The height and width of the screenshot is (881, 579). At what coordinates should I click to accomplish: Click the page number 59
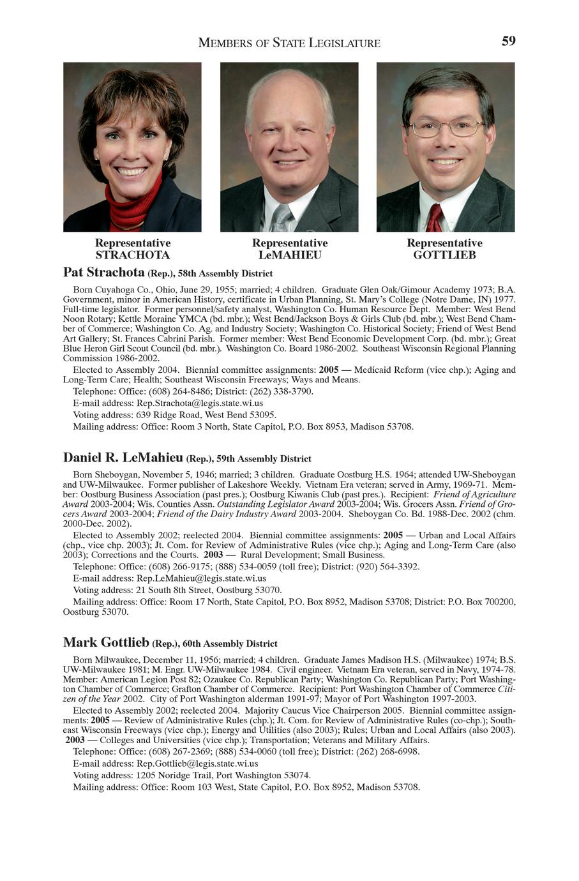click(508, 41)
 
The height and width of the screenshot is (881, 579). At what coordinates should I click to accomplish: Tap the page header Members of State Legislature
click(289, 43)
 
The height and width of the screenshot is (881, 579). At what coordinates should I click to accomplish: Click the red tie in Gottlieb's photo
click(435, 218)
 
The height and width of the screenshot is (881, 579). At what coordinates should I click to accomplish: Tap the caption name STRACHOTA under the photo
click(132, 255)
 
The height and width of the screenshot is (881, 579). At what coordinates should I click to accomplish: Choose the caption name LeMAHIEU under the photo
click(290, 255)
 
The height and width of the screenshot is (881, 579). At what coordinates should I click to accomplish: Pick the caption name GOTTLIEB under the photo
click(444, 255)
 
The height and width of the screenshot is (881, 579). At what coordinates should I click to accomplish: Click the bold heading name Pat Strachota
click(104, 273)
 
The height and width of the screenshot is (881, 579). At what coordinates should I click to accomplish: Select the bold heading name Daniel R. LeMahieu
click(123, 458)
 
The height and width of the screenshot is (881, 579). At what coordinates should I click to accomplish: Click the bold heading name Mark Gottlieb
click(106, 642)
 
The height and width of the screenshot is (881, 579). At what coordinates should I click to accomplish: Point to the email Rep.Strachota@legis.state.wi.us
click(200, 403)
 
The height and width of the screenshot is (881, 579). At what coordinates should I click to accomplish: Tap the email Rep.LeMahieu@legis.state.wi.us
click(201, 578)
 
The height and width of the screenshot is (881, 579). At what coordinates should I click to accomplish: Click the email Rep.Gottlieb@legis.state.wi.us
click(197, 764)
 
